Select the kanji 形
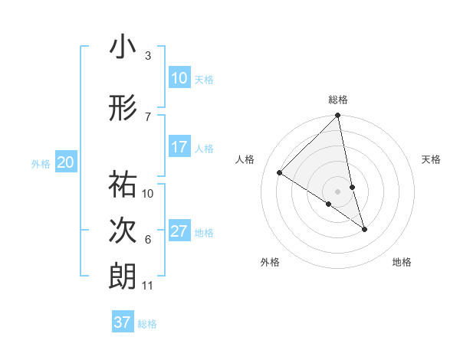tap(123, 108)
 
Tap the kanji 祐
tap(123, 184)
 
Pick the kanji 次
tap(123, 231)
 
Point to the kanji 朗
tap(123, 277)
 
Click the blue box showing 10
tap(179, 77)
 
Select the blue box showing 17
tap(179, 147)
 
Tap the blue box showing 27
tap(179, 231)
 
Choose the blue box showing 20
tap(66, 162)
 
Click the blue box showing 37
tap(123, 322)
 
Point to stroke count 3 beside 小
tap(147, 56)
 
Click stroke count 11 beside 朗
tap(147, 286)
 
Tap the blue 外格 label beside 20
tap(41, 163)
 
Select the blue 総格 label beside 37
tap(147, 324)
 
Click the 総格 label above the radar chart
tap(338, 100)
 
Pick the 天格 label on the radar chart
tap(432, 159)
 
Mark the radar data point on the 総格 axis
tap(338, 116)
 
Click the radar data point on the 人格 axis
tap(280, 173)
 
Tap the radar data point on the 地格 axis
tap(364, 228)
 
